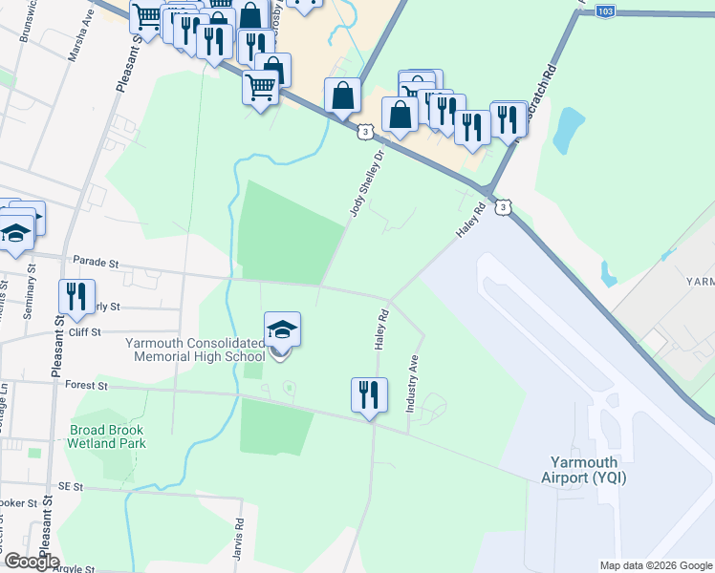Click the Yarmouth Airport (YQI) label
(x=583, y=468)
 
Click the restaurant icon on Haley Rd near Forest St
(x=369, y=395)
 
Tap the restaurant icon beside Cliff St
(x=76, y=297)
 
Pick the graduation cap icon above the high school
(x=282, y=329)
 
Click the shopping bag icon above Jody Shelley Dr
(x=343, y=96)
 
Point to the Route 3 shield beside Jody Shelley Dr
(x=366, y=132)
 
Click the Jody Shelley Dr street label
(x=367, y=182)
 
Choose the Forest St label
(x=88, y=386)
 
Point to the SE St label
(x=70, y=486)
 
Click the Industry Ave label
(x=414, y=384)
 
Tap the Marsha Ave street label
(x=80, y=44)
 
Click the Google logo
(x=32, y=562)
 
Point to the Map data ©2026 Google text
(x=656, y=565)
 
